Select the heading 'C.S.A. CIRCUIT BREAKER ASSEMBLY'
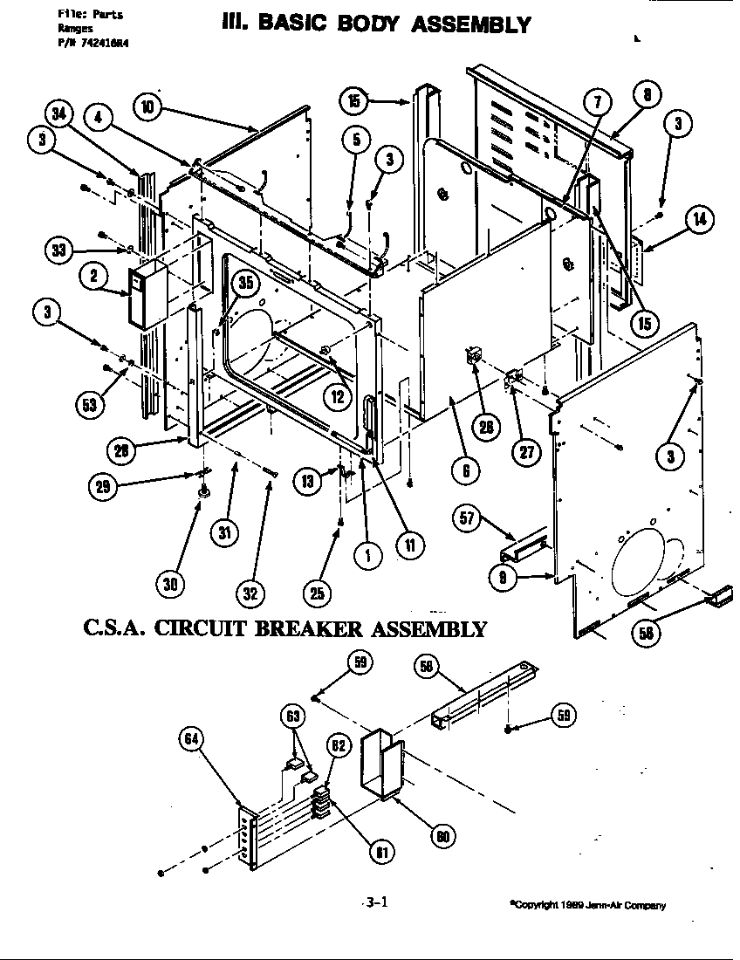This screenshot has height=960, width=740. click(284, 628)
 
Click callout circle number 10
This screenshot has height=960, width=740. click(149, 107)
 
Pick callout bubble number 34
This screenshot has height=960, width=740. click(59, 113)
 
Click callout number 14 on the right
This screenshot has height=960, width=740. click(698, 220)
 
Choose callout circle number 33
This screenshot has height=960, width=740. click(59, 250)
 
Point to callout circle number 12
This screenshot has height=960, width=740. click(336, 394)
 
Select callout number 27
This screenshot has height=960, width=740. click(527, 451)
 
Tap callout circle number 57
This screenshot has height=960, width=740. click(468, 518)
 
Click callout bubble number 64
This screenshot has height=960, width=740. click(192, 739)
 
